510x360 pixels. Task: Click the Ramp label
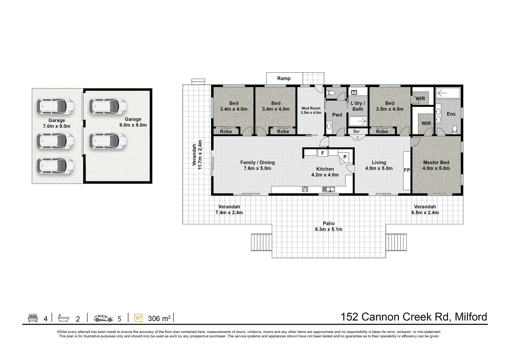coord(284,79)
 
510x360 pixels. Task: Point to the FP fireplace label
coord(407,170)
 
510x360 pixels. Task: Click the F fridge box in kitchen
coord(323,153)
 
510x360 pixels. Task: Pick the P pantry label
coord(345,157)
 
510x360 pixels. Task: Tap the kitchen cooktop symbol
coord(305,189)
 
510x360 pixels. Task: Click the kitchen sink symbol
coord(329,189)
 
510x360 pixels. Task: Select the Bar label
coord(357,131)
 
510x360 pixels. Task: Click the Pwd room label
coord(337,115)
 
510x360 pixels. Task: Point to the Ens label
coord(451,114)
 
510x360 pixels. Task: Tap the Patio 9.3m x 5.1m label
coord(329,226)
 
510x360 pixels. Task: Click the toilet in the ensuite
coord(455,129)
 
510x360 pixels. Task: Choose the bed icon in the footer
coord(33,318)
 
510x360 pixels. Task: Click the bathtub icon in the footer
coord(64,318)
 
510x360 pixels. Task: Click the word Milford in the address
coord(471,317)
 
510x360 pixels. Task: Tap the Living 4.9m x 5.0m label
coord(379,165)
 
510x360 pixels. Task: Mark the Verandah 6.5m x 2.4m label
coord(425,210)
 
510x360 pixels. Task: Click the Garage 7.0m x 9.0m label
coord(56,123)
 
